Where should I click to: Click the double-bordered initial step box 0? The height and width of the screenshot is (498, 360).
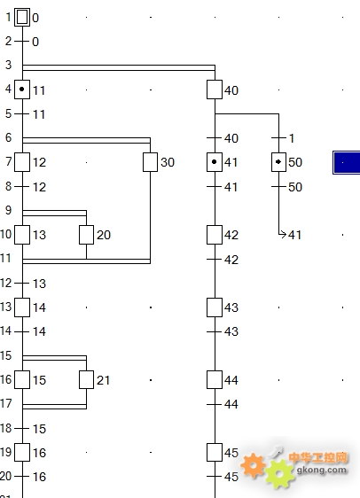22,17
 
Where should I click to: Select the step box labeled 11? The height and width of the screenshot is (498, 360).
22,89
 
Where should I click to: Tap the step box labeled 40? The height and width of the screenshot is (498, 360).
215,89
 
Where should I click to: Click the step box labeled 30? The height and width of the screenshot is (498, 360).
150,162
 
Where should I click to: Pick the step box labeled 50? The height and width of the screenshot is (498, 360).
279,162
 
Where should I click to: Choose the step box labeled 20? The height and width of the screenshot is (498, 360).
86,235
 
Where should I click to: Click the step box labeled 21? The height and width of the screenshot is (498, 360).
86,379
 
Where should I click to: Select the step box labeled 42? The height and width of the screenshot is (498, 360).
215,235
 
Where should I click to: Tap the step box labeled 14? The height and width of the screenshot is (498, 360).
22,307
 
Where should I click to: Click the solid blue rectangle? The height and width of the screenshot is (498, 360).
347,163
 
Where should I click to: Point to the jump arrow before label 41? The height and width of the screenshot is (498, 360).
282,235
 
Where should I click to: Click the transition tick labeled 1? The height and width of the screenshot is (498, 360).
279,138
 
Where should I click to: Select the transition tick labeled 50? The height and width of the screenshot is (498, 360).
279,186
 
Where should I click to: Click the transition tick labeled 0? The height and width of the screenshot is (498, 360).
22,42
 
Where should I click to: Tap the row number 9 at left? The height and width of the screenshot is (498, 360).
8,210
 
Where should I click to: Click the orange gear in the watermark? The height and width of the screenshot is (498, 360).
253,465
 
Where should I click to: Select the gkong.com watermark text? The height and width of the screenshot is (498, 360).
322,470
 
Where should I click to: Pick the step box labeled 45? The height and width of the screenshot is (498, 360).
215,452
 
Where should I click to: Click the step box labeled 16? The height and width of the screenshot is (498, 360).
22,452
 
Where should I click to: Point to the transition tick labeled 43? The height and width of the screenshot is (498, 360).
215,331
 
